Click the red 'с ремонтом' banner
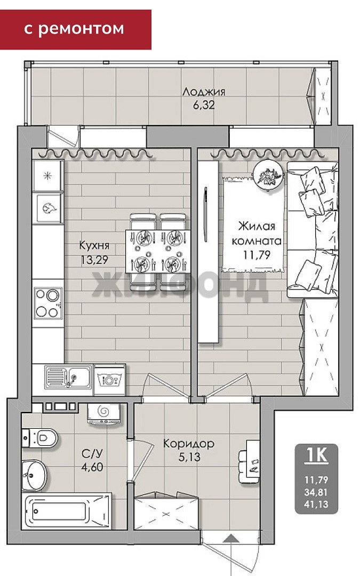tap(75, 29)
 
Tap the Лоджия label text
tap(204, 92)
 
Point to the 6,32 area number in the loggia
tap(204, 105)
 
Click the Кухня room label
tap(94, 245)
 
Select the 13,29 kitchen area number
tap(94, 260)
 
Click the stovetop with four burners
tap(48, 303)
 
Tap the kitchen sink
tap(68, 377)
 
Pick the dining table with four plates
tap(158, 251)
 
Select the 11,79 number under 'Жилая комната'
tap(257, 254)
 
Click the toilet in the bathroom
tap(40, 437)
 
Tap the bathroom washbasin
tap(34, 475)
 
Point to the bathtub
tap(67, 511)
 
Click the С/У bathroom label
tap(92, 453)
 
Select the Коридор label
tap(189, 443)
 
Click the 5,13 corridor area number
tap(189, 458)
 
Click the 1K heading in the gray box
tap(317, 455)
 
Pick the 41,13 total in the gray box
tap(316, 505)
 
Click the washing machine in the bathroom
tap(104, 414)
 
